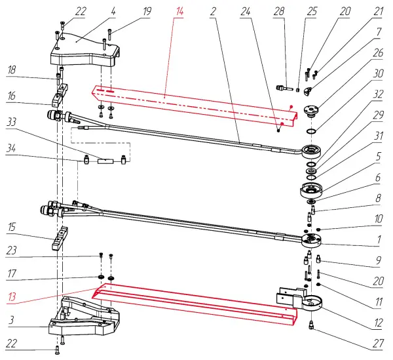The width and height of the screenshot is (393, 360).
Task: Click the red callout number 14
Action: (x=179, y=12)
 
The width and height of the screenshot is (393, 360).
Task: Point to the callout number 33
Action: (x=12, y=121)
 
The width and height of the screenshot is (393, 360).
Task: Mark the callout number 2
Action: (x=214, y=12)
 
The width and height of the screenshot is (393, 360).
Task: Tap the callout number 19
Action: (x=147, y=12)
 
